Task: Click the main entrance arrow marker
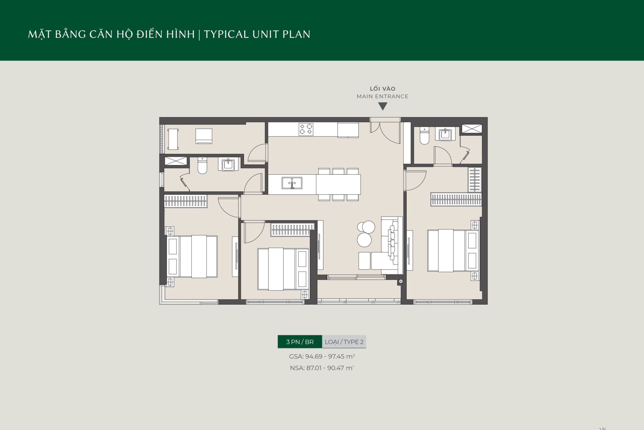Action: tap(383, 106)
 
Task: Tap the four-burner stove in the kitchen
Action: tap(306, 129)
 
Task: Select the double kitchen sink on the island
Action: tap(292, 183)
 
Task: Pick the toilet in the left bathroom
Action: tap(202, 166)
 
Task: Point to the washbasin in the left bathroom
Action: tap(228, 165)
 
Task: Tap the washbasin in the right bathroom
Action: tap(446, 134)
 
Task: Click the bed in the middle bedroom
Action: tap(283, 269)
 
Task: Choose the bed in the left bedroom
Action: tap(192, 256)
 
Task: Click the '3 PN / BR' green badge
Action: tap(300, 342)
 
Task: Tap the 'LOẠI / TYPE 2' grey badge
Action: tap(344, 342)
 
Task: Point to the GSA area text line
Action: tap(322, 357)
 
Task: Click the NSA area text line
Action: tap(322, 368)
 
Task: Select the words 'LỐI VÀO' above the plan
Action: tap(383, 89)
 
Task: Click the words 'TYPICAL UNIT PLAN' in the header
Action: tap(257, 34)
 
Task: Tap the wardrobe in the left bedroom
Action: tap(186, 201)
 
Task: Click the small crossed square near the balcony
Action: tap(401, 281)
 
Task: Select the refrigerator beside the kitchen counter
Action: tap(348, 130)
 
